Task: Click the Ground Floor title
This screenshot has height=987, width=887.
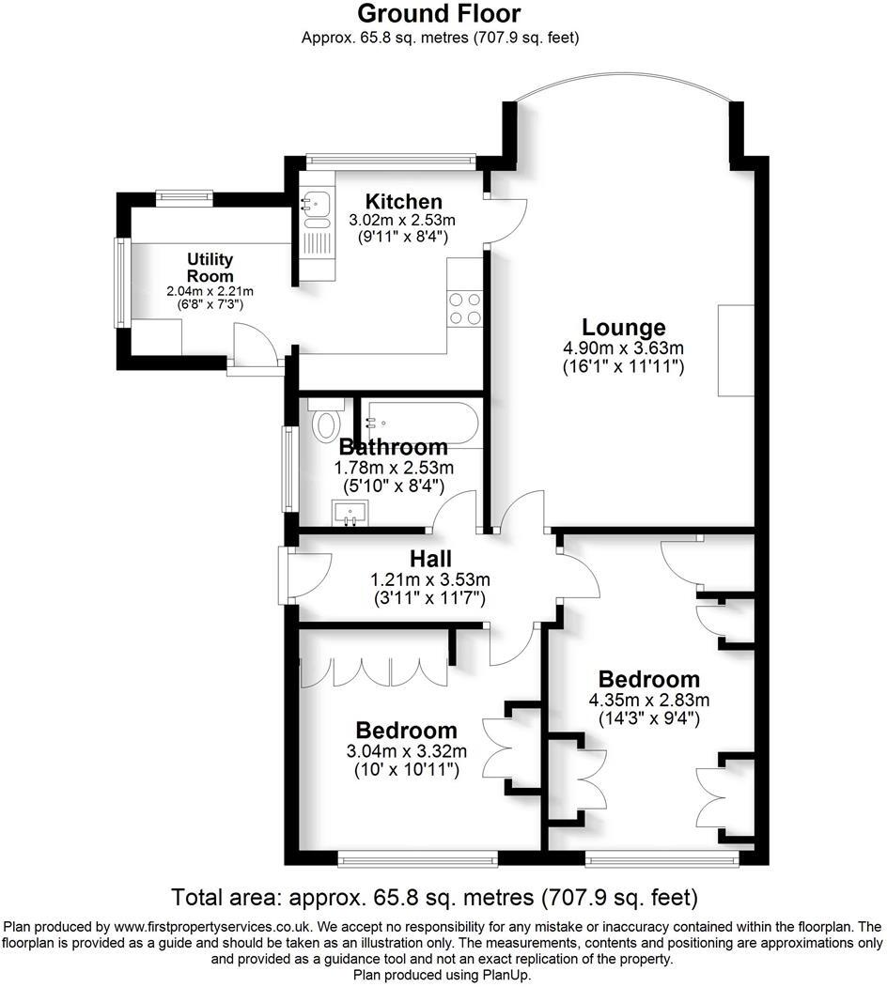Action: pyautogui.click(x=439, y=14)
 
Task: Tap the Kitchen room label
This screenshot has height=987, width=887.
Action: pyautogui.click(x=403, y=201)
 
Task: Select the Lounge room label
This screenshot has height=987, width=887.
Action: pyautogui.click(x=623, y=328)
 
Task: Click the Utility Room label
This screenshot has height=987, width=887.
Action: pyautogui.click(x=210, y=267)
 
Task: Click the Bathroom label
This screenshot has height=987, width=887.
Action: pyautogui.click(x=393, y=447)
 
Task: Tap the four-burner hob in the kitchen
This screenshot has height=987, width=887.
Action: pyautogui.click(x=465, y=308)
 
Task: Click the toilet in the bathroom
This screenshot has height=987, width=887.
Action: pyautogui.click(x=326, y=421)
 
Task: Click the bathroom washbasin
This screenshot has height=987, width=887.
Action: pyautogui.click(x=350, y=513)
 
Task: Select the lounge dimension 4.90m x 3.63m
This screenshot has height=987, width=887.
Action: pyautogui.click(x=623, y=348)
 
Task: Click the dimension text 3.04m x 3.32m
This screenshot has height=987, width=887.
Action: pyautogui.click(x=406, y=750)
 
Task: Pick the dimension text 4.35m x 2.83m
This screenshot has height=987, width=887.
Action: pyautogui.click(x=648, y=700)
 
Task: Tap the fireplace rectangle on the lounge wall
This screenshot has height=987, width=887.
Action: pyautogui.click(x=736, y=350)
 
